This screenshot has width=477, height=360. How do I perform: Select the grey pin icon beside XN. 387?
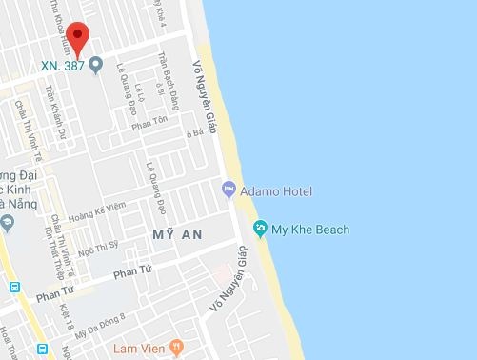[95, 67]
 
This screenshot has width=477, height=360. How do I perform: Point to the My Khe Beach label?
[310, 230]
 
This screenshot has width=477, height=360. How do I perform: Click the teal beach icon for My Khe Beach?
[260, 229]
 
